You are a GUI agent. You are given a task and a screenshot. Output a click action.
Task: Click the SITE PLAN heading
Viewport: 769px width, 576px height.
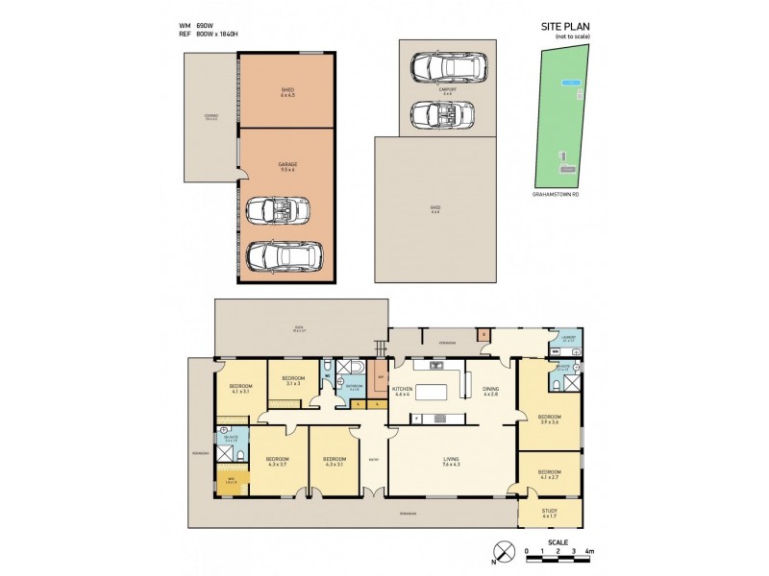pos(559,27)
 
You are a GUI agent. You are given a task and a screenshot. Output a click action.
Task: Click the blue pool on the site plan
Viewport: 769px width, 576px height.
pos(572,84)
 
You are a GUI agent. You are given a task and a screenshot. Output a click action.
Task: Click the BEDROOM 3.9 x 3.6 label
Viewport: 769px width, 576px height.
pos(549,419)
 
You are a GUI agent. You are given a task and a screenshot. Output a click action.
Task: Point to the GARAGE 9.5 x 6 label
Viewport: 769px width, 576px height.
pos(287,166)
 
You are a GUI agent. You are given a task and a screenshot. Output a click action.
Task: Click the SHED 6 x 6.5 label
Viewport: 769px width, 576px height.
pos(287,92)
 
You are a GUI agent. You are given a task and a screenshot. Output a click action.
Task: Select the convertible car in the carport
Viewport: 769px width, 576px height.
pos(442,114)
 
